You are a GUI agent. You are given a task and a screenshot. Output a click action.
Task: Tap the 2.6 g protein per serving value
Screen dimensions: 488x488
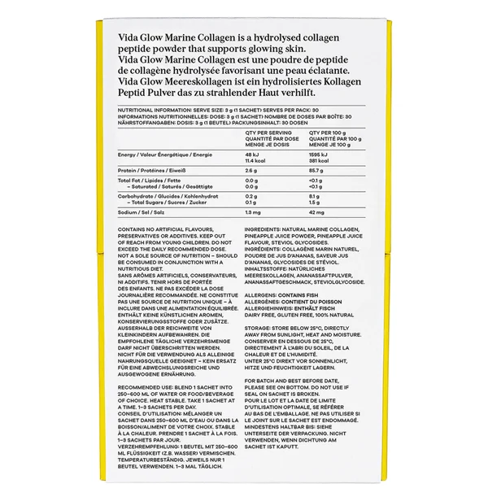[251, 170]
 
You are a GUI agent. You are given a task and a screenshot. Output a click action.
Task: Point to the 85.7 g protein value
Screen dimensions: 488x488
[318, 170]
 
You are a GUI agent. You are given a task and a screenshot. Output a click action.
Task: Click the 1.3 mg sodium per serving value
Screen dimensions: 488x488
[253, 211]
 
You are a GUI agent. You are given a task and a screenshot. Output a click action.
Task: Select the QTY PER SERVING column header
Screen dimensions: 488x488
[268, 130]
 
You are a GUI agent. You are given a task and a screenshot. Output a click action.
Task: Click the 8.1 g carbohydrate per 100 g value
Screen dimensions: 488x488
[316, 196]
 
